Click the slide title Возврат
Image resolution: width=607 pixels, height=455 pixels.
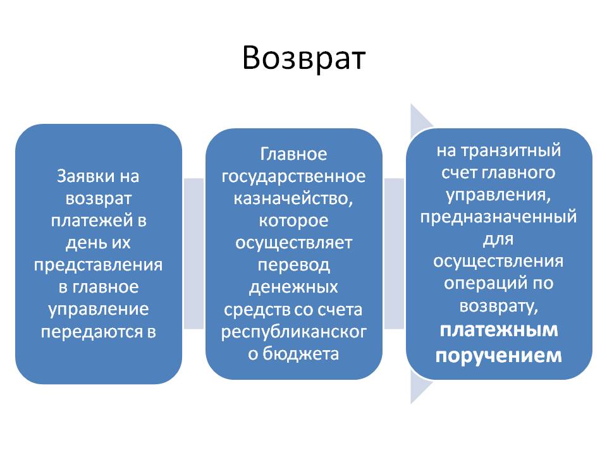point(303,58)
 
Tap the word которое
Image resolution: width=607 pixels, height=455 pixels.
point(293,221)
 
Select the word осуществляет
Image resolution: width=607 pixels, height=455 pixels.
point(293,243)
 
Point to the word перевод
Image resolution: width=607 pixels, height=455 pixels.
point(293,265)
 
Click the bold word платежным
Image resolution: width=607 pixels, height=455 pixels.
point(499,329)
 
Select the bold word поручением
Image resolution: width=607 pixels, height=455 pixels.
point(499,355)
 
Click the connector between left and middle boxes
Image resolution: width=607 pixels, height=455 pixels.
point(193,253)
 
